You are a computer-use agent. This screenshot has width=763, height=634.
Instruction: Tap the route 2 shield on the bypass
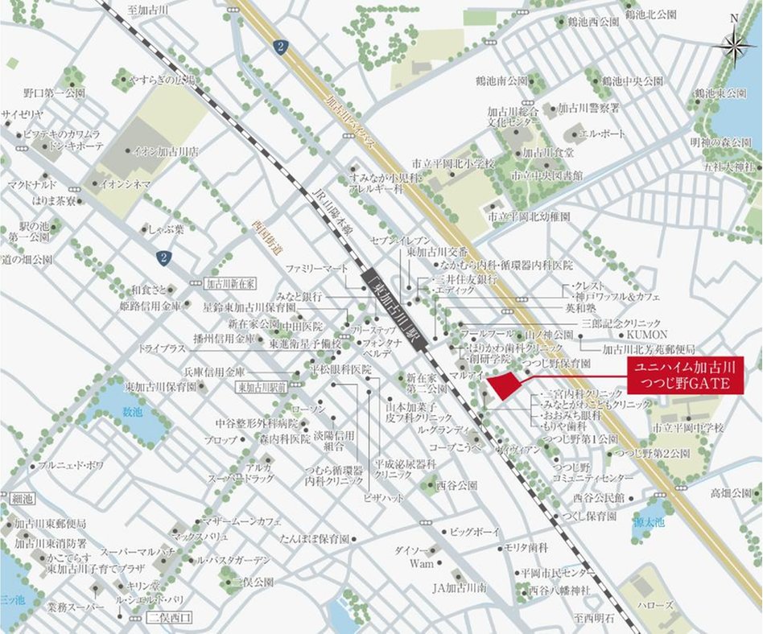pos(278,47)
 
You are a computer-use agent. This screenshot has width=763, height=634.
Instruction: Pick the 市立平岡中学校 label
pos(688,427)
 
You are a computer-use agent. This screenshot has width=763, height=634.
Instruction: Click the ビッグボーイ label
pos(475,532)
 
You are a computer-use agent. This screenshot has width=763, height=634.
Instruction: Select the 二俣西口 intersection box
pos(171,618)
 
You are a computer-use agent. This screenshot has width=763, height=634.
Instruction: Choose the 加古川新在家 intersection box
pos(230,283)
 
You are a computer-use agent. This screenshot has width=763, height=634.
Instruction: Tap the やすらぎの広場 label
pos(163,80)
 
